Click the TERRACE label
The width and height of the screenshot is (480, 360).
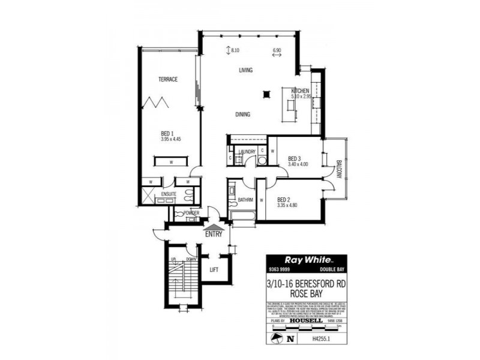coord(168,79)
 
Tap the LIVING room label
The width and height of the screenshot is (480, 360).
coord(246,70)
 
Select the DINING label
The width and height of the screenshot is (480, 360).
coord(243,115)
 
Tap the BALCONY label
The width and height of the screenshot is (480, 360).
coord(338,168)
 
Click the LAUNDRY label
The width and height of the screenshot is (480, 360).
coord(247,152)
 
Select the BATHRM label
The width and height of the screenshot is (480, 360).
coord(245,199)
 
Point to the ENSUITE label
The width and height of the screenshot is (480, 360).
coord(169,194)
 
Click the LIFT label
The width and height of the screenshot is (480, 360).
coord(214,269)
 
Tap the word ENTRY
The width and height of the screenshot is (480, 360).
coord(214,234)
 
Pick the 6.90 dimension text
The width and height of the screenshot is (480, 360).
coord(277,50)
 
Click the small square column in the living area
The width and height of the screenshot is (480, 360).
coord(265,93)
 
